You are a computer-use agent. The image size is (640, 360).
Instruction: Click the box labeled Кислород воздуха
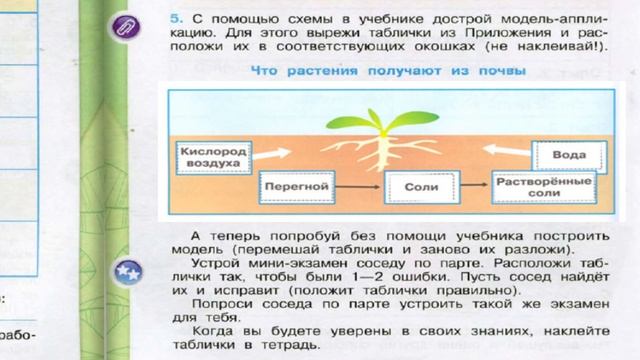tap(209, 155)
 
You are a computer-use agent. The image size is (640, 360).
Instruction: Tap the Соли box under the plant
tap(416, 186)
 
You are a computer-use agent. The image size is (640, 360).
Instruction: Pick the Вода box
tap(569, 156)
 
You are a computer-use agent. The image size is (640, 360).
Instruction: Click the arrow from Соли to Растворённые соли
tap(471, 186)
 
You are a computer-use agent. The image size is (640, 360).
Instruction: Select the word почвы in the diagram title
tap(497, 70)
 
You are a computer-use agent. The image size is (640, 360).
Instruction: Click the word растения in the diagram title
tap(322, 70)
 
